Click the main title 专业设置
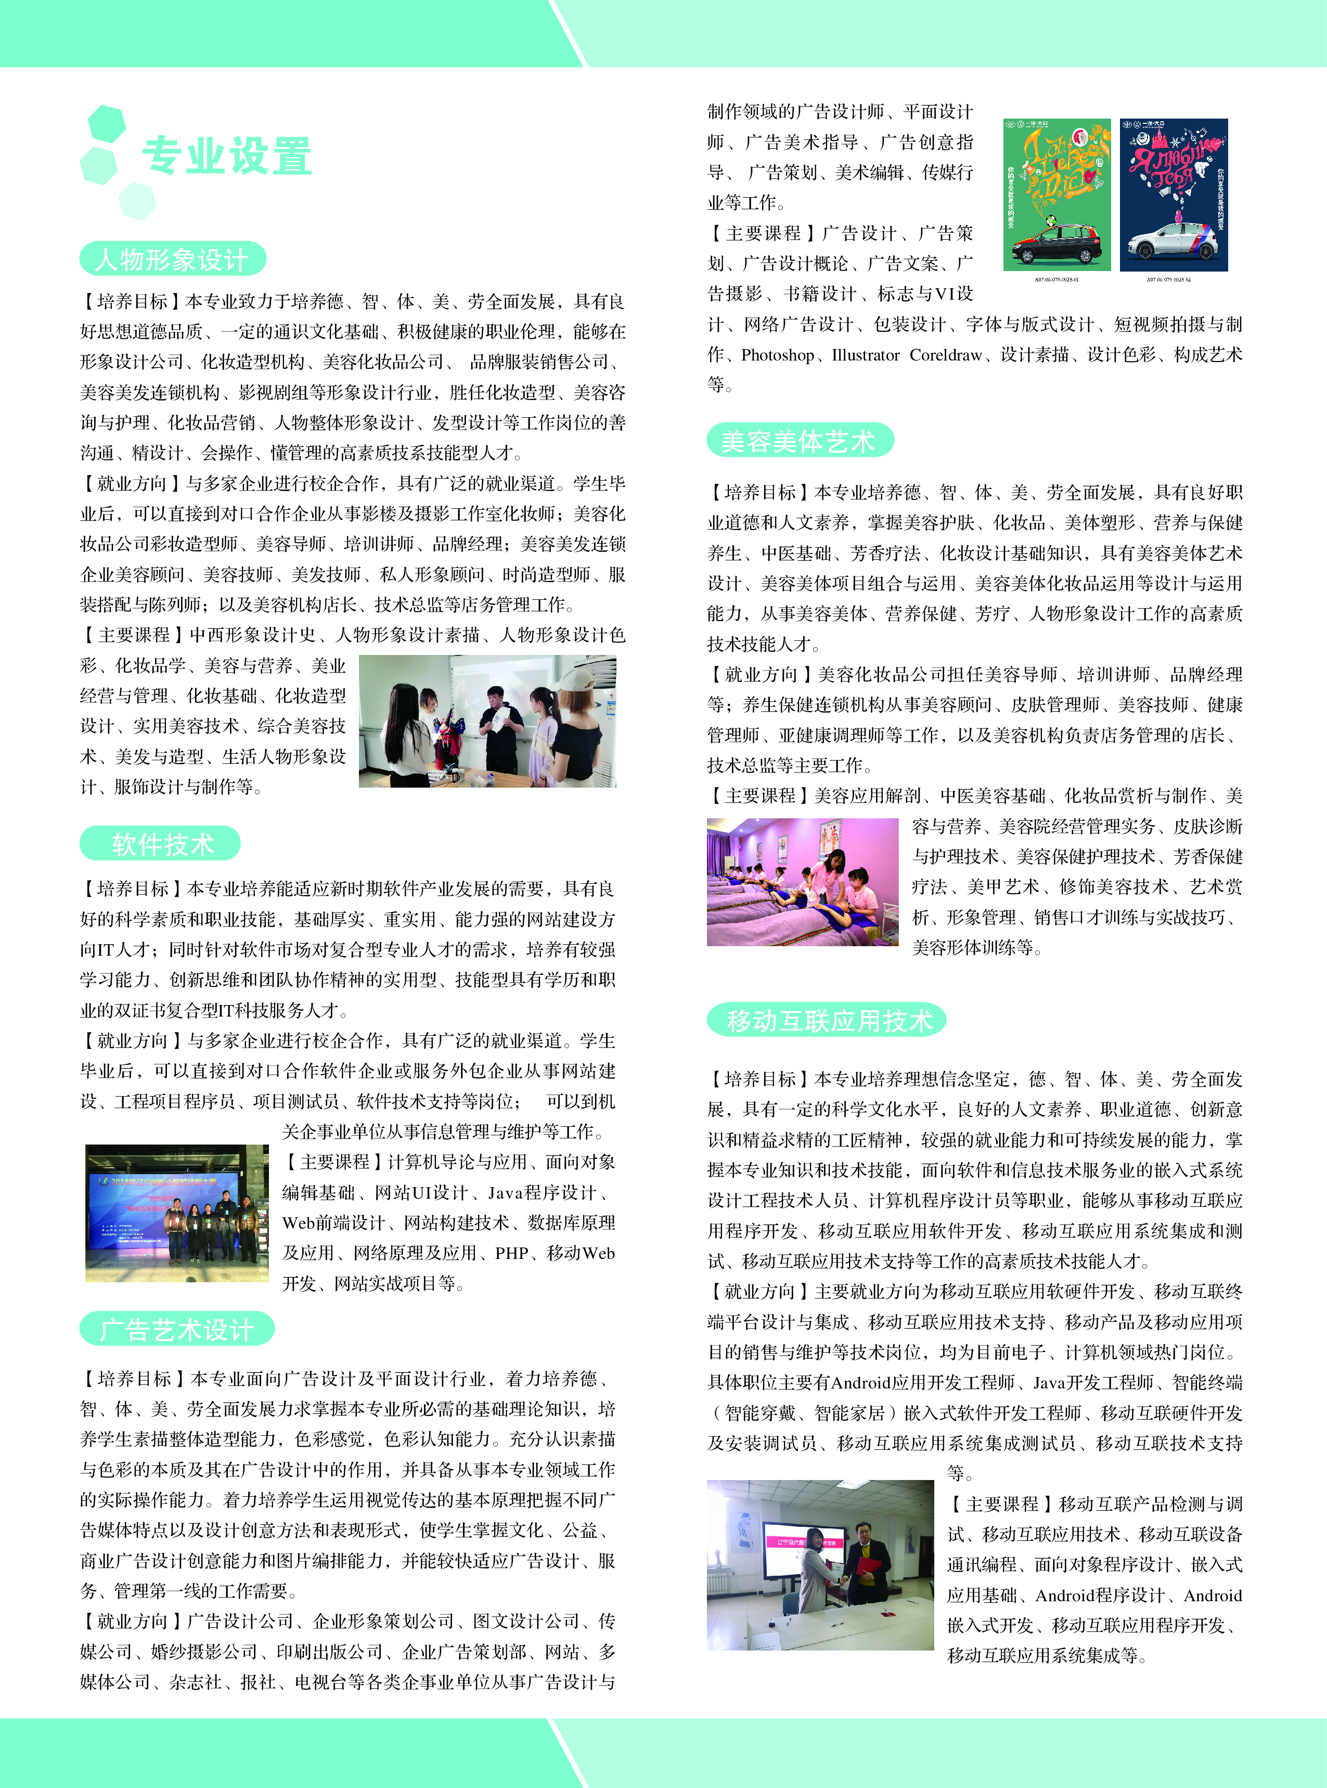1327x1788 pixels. [227, 156]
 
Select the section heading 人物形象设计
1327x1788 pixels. [172, 260]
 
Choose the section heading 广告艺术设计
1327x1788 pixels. [177, 1329]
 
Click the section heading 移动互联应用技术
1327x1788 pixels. [828, 1020]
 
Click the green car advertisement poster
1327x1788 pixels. [1057, 195]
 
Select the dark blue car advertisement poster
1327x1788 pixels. [1174, 195]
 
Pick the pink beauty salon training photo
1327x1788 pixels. [803, 882]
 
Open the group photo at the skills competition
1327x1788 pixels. [177, 1213]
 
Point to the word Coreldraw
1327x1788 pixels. [946, 355]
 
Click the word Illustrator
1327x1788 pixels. [866, 355]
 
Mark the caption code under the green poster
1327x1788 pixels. [1057, 279]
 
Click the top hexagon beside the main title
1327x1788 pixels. [106, 123]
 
